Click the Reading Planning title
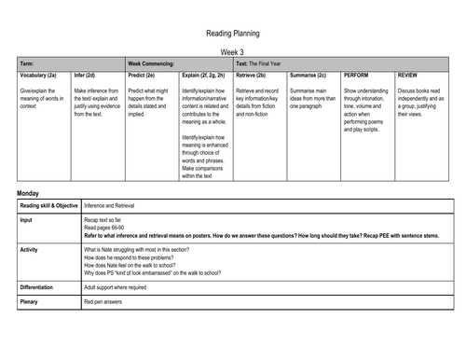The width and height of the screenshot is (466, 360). pos(232,33)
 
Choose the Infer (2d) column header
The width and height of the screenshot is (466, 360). pos(84,74)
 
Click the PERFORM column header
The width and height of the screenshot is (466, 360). pos(359,74)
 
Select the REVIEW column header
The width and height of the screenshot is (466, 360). pos(407,74)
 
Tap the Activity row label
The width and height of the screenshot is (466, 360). pos(31,250)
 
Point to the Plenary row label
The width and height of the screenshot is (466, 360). pos(31,302)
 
